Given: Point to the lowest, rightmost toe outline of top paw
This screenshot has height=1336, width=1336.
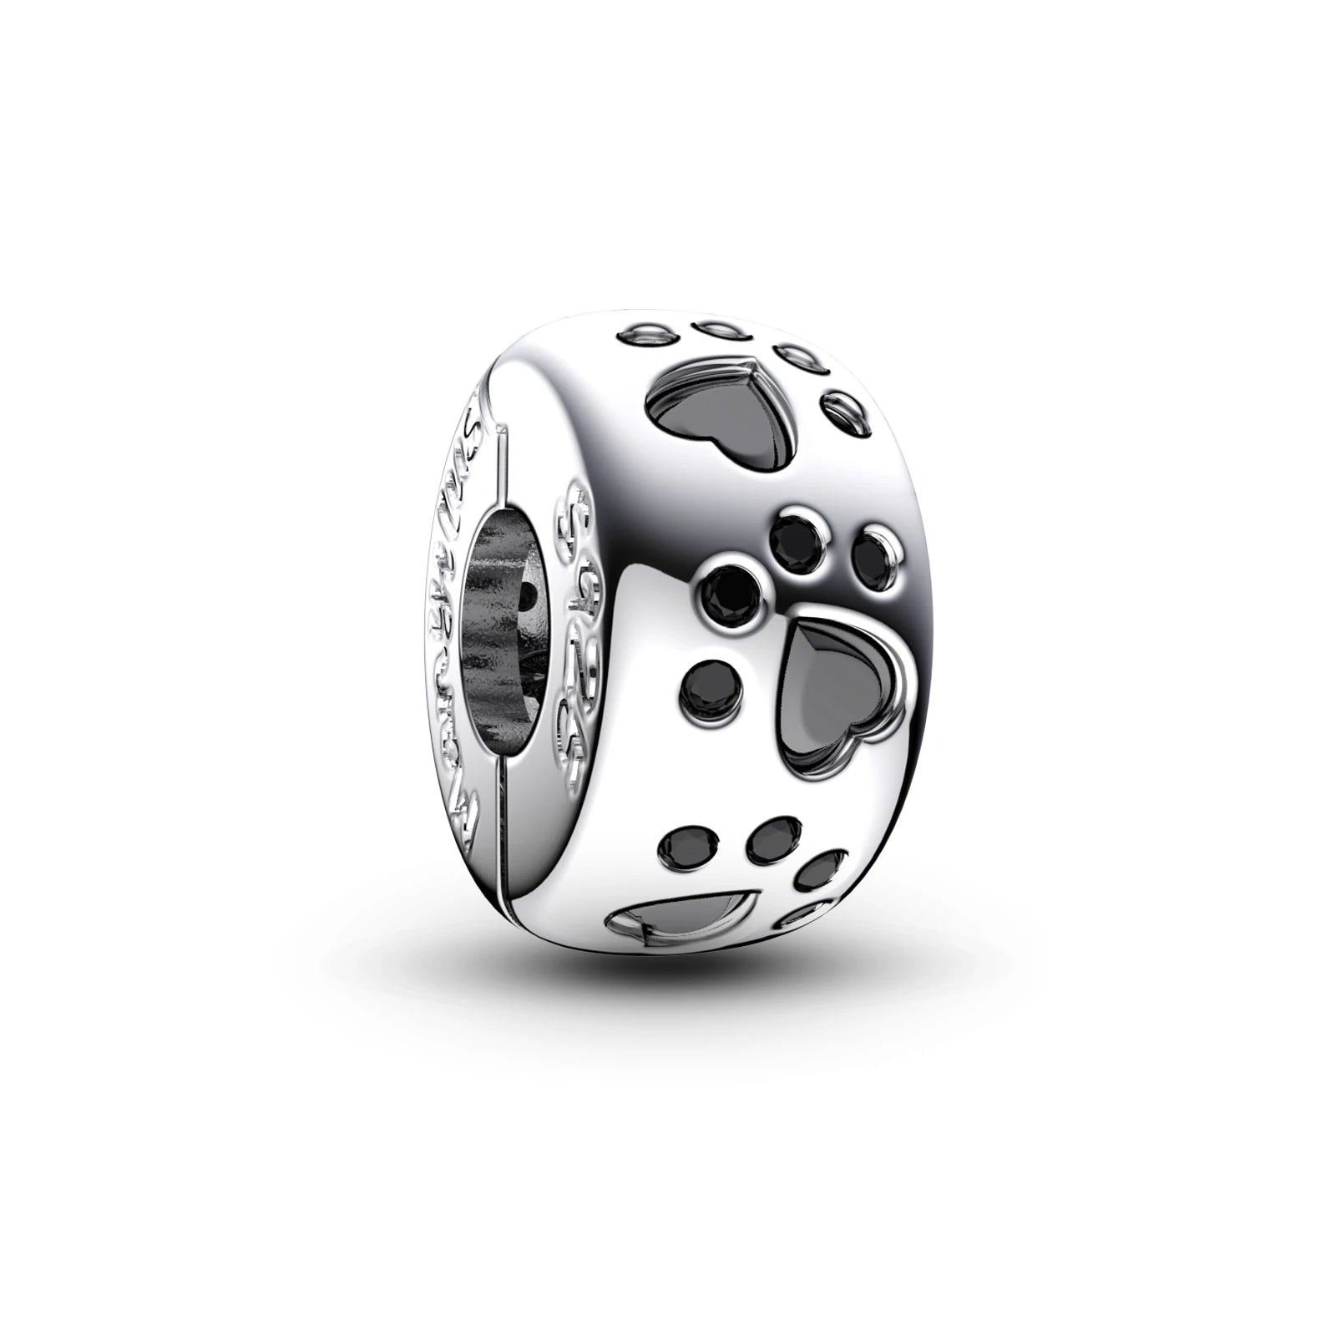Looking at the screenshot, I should point(839,410).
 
